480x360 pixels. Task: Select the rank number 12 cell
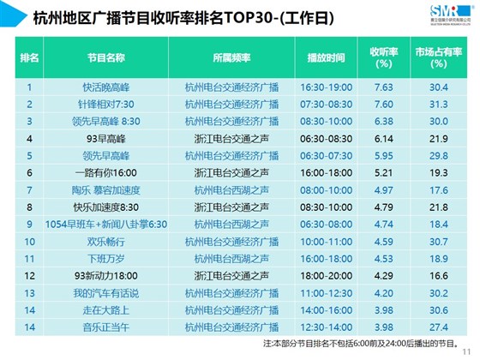[x=29, y=275]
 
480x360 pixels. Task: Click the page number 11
[x=466, y=352]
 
